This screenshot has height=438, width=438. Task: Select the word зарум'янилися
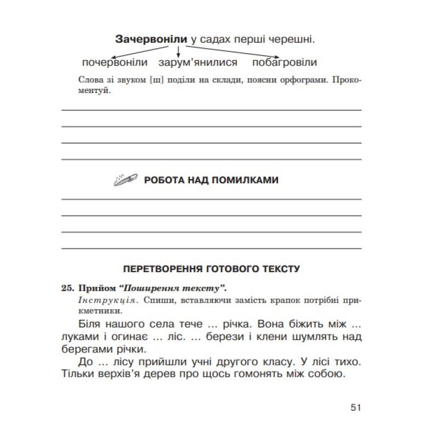click(198, 62)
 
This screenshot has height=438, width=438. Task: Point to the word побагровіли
click(285, 62)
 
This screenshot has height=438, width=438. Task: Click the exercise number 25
click(67, 287)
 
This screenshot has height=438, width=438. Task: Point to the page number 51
click(355, 407)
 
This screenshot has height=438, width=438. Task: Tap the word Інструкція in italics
click(95, 300)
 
